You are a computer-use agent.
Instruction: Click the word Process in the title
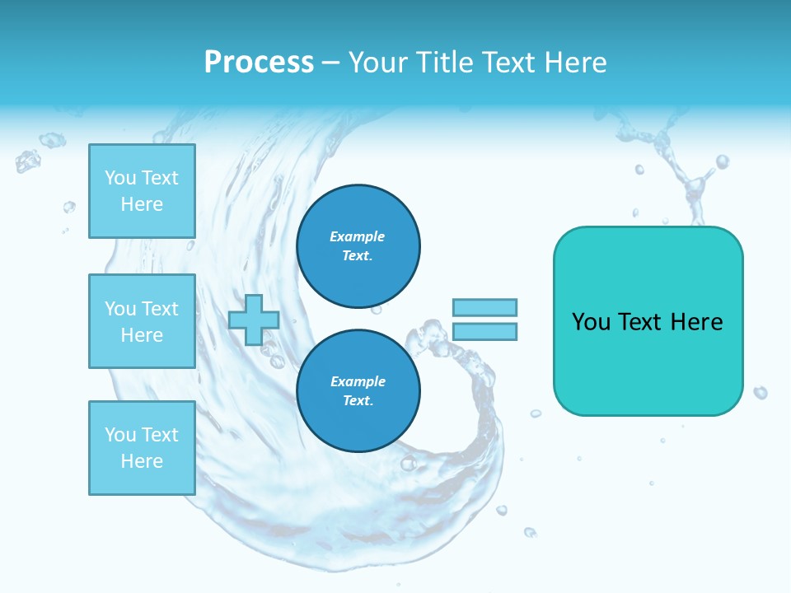[x=259, y=63]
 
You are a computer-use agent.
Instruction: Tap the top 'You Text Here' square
[x=142, y=191]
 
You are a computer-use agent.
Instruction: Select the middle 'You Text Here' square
[x=142, y=321]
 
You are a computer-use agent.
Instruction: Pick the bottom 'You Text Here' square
[x=142, y=448]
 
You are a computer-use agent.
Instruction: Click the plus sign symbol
[x=253, y=320]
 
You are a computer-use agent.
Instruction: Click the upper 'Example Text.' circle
[x=358, y=246]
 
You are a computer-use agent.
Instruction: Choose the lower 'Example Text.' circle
[x=358, y=391]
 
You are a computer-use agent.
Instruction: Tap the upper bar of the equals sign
[x=484, y=307]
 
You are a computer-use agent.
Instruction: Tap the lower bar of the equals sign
[x=484, y=331]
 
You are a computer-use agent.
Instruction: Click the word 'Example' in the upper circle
[x=358, y=236]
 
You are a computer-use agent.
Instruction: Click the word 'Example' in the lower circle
[x=358, y=381]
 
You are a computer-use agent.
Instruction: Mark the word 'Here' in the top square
[x=142, y=204]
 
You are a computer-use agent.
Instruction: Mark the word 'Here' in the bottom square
[x=142, y=461]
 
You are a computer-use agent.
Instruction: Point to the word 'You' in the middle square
[x=119, y=309]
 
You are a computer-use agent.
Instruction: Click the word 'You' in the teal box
[x=592, y=322]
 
